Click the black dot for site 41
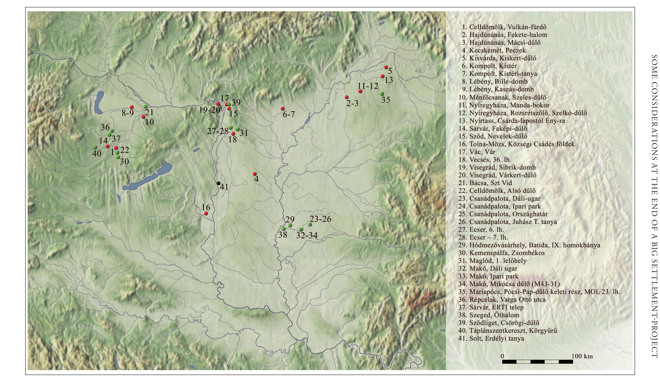point(218,183)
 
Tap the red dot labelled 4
point(255,174)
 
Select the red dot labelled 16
point(206,213)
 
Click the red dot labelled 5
point(386,67)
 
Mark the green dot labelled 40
point(95,147)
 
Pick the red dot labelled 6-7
point(283,108)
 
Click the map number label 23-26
point(320,219)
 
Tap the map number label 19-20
point(209,110)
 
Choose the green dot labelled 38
point(283,229)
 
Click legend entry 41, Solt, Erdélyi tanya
point(491,338)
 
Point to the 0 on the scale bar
point(503,356)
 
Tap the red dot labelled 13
point(383,76)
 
